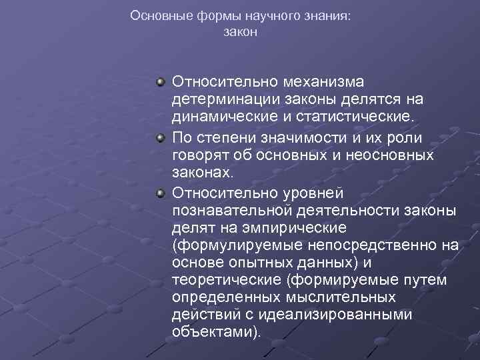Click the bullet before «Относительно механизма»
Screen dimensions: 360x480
tap(161, 81)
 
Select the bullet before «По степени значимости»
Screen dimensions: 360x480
tap(161, 137)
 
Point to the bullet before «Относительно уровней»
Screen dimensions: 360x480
tap(161, 193)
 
